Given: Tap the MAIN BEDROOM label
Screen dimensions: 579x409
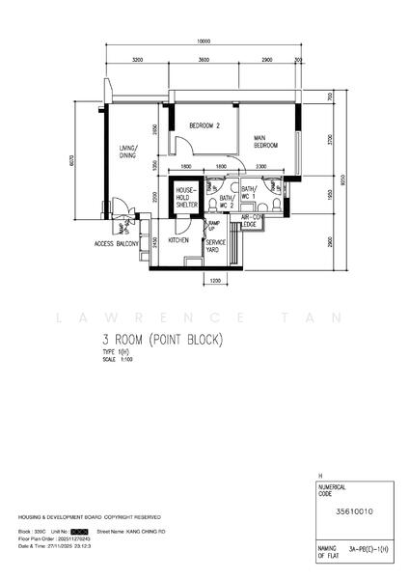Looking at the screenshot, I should point(265,142).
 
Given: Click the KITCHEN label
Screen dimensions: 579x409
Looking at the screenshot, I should point(178,240).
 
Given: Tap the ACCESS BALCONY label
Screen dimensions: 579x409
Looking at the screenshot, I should point(117,244).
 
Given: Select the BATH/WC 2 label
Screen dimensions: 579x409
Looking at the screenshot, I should point(227,200).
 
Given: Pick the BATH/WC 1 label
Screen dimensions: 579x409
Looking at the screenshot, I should point(248,193).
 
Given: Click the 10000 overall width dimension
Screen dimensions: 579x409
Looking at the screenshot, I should point(203,42).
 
